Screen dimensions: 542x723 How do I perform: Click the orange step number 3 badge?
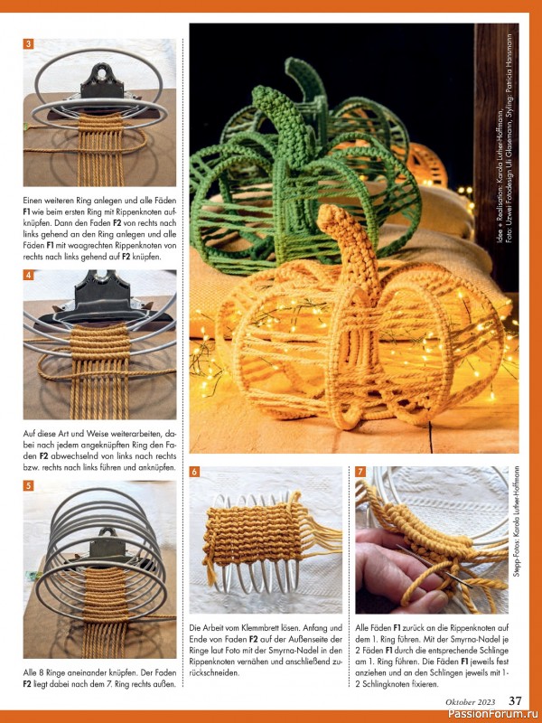tap(28, 44)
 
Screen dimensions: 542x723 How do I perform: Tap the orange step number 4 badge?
tap(28, 276)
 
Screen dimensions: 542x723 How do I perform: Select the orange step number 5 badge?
tap(28, 485)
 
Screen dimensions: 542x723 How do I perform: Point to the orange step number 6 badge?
tap(194, 472)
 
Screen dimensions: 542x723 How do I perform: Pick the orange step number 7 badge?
tap(360, 472)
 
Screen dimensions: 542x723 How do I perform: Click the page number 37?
tap(515, 701)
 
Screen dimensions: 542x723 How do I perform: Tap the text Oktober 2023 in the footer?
tap(470, 702)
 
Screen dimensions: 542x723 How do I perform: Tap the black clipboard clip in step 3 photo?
tap(102, 81)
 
